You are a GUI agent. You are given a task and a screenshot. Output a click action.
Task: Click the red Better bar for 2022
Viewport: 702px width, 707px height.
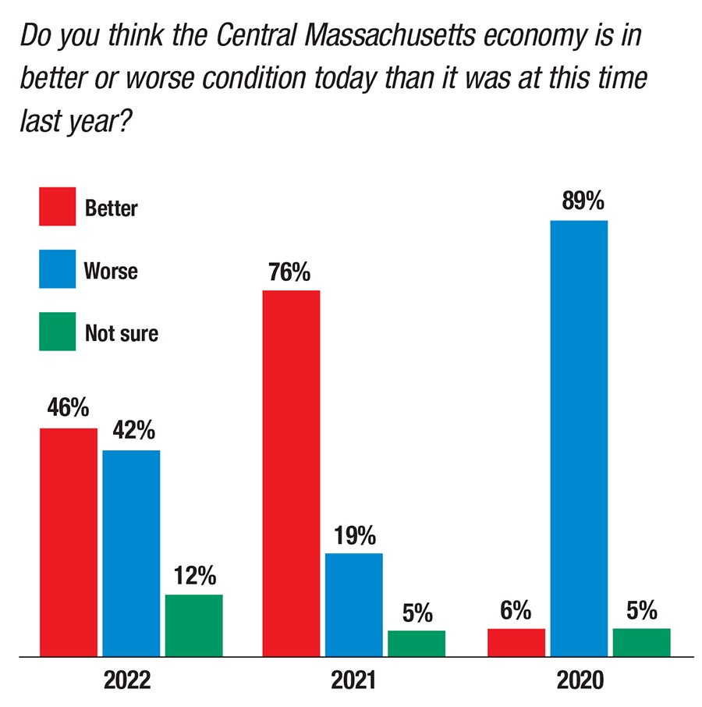tap(69, 542)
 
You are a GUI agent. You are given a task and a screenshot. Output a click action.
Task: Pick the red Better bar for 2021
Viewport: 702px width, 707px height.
tap(291, 472)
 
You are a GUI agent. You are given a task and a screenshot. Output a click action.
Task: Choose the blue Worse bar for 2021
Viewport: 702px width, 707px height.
tap(353, 604)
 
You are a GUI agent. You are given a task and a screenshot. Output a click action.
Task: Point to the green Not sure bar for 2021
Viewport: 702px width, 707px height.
tap(417, 642)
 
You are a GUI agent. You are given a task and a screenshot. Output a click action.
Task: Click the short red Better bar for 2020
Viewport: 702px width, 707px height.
tap(516, 641)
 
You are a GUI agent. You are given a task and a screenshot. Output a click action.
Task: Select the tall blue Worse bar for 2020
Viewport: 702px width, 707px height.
tap(579, 437)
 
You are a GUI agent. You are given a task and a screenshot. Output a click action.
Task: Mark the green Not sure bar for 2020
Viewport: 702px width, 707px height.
tap(641, 641)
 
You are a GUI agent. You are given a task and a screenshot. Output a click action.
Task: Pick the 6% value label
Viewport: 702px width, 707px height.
tap(516, 610)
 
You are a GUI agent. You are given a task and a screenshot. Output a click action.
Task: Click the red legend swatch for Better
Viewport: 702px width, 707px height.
tap(58, 207)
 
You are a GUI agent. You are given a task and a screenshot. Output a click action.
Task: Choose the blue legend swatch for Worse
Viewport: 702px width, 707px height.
tap(58, 269)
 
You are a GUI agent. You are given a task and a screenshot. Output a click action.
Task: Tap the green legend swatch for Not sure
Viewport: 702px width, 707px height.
tap(58, 332)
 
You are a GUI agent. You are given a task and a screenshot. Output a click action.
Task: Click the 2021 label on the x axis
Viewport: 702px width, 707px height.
tap(353, 681)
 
